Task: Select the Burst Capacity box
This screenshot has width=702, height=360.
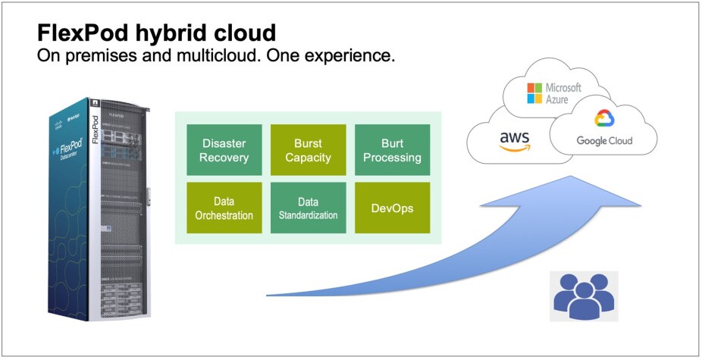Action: point(308,150)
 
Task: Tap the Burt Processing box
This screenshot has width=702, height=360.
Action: point(392,150)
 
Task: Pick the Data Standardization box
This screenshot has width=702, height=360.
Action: point(308,208)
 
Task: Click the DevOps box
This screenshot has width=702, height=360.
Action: point(392,208)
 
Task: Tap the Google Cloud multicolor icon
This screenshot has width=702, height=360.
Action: point(603,119)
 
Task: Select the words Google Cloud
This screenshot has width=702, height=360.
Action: point(604,141)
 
